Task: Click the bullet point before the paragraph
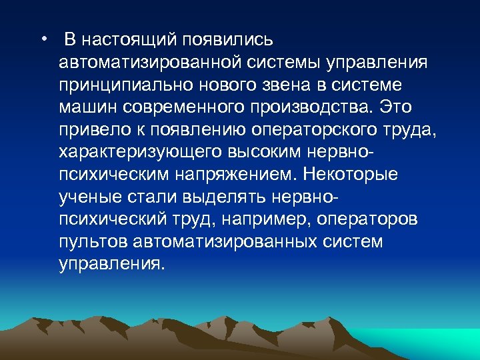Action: pos(43,39)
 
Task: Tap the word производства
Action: pos(313,107)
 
